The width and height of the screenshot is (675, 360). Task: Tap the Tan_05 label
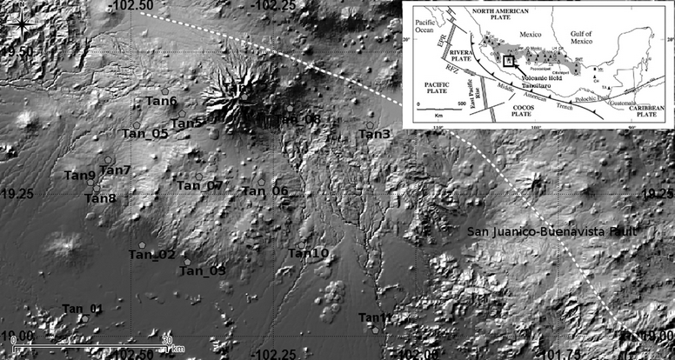pos(144,133)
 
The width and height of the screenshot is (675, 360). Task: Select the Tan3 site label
pos(375,134)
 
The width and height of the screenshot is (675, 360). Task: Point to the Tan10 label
pos(308,253)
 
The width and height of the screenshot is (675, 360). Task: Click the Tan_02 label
pos(152,254)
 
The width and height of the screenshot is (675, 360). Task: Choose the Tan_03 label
pos(203,271)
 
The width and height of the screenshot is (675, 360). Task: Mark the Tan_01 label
pos(83,309)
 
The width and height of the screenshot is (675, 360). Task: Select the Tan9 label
pos(80,176)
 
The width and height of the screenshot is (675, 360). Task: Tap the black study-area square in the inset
pos(508,63)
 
